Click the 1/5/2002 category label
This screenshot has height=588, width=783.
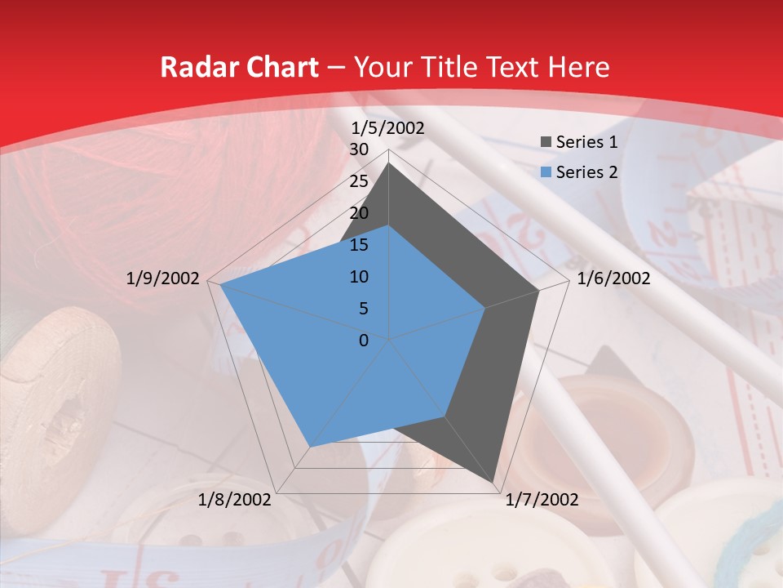(x=388, y=128)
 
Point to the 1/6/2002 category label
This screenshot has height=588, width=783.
(x=613, y=278)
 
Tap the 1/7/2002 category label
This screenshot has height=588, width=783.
(x=542, y=500)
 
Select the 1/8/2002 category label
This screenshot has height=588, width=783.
(x=235, y=500)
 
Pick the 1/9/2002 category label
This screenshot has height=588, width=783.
(x=163, y=278)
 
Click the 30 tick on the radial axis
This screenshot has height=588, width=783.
(x=359, y=149)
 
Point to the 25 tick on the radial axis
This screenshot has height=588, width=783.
(x=359, y=181)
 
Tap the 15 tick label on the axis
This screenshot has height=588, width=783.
(x=359, y=245)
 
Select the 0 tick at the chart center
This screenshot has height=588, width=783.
(x=364, y=341)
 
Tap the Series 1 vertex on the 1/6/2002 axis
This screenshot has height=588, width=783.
(x=539, y=290)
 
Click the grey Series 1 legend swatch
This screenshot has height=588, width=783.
(x=546, y=142)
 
